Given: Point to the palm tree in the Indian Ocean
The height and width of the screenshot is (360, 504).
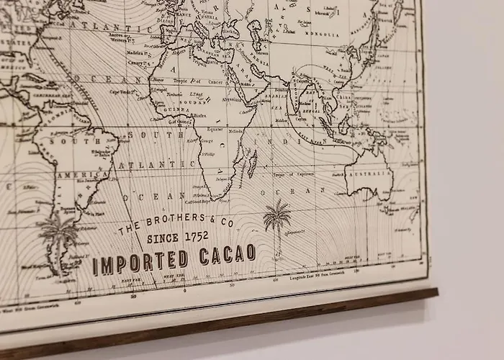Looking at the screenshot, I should click(x=276, y=220).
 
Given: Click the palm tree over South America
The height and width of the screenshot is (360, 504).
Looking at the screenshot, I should click(x=58, y=234).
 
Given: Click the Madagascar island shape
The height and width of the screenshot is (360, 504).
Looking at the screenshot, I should click(x=251, y=165).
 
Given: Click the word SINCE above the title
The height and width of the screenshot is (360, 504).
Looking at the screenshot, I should click(x=161, y=237).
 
